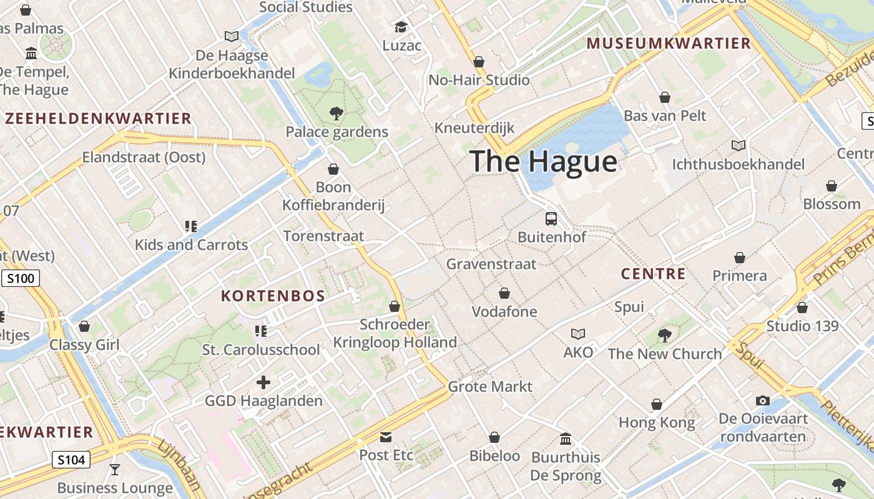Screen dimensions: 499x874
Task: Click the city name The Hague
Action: (543, 161)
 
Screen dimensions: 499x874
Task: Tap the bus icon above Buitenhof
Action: (551, 219)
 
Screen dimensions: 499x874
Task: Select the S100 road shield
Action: (21, 278)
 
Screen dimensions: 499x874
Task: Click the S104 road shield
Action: (71, 460)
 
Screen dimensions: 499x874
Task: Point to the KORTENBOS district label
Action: (273, 296)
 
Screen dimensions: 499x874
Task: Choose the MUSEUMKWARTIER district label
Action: (669, 44)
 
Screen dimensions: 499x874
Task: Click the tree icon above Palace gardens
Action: (336, 114)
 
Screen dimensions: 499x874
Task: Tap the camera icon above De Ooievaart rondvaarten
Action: (763, 400)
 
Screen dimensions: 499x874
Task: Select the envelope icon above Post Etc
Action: (386, 437)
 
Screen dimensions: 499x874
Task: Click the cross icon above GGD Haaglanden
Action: (263, 382)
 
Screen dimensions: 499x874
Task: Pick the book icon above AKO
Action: (578, 334)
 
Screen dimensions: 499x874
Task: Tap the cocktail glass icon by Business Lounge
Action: (114, 469)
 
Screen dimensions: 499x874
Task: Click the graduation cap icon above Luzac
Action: (401, 27)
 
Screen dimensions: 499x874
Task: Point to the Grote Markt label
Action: (490, 387)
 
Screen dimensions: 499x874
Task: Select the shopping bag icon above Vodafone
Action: (504, 293)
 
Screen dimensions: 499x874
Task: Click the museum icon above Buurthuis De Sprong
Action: (566, 438)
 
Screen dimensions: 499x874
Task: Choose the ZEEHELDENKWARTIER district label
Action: (98, 119)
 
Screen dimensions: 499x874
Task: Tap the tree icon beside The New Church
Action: (664, 336)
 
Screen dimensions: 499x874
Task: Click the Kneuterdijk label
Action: (474, 128)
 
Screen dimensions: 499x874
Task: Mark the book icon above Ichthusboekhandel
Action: (739, 145)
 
